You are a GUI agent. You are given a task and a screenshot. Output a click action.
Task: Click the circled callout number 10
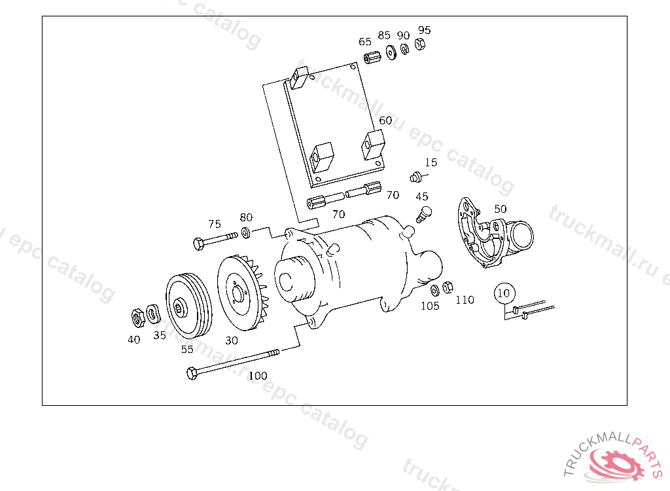(x=504, y=293)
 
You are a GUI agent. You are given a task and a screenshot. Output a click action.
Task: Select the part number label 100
(x=258, y=376)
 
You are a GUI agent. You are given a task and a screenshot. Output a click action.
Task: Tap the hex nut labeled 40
(x=137, y=318)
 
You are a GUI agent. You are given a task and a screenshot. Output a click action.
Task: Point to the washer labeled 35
(x=153, y=314)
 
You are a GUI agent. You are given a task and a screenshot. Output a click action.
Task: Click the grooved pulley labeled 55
(x=188, y=306)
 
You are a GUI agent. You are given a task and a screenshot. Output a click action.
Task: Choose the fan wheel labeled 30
(x=241, y=293)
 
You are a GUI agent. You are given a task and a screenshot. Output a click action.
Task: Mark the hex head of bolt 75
(x=199, y=244)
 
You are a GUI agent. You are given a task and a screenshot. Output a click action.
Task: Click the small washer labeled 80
(x=246, y=232)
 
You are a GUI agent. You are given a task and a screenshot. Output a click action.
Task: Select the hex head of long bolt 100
(x=192, y=373)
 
